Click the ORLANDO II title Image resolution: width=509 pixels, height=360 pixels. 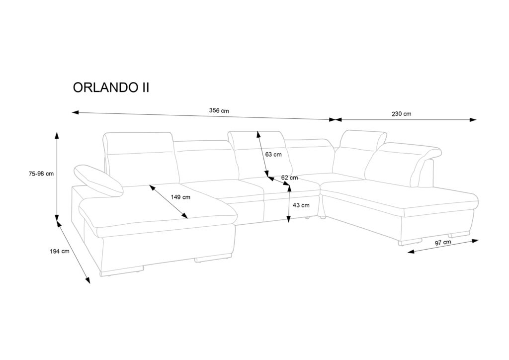coord(111,88)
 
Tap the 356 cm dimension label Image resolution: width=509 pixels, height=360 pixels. coord(219,110)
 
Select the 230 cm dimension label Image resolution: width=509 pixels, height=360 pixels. coord(401,114)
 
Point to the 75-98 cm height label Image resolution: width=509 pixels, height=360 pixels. coord(41,174)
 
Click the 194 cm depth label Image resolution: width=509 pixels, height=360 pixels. coord(59,252)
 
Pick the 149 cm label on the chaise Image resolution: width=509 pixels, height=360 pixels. coord(180,197)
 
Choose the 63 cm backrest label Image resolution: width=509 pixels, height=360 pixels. coord(273,154)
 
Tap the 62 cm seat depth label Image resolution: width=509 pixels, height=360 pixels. coord(289,178)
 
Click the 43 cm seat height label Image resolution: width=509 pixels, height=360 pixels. coord(301,205)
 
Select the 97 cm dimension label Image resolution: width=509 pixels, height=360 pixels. coord(442,243)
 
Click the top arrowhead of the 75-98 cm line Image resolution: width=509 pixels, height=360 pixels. coord(57,135)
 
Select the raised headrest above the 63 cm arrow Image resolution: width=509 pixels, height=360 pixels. coord(256,137)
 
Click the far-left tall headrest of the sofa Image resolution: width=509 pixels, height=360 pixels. coord(139,144)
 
